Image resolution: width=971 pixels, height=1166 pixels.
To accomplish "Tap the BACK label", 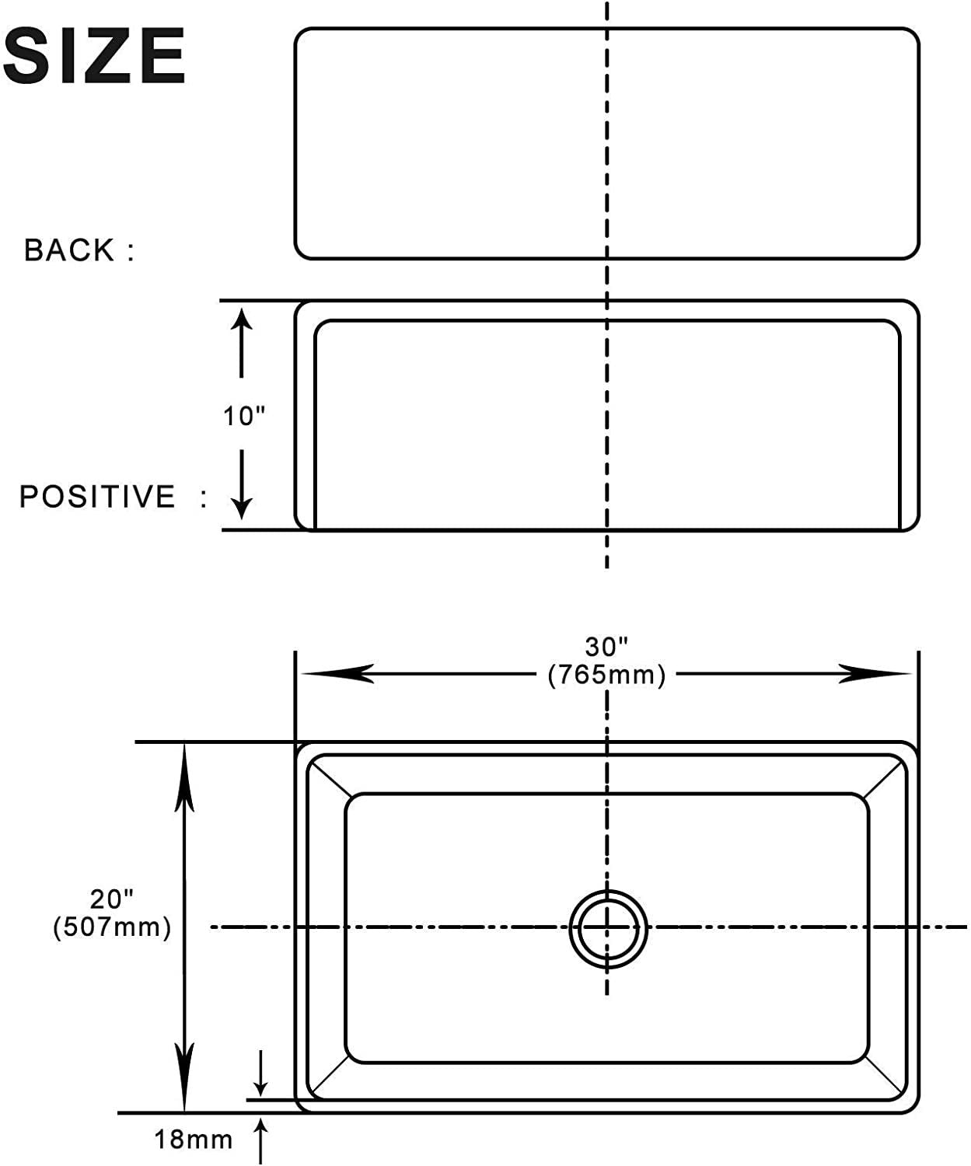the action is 68,250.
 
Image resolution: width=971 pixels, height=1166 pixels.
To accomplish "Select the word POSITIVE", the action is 98,497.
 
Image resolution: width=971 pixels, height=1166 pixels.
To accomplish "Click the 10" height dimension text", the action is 244,416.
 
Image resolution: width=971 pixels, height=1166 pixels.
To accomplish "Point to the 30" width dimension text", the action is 606,648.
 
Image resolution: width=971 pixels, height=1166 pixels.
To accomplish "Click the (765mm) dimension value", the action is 606,676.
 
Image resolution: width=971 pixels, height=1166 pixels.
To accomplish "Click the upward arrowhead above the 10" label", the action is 241,321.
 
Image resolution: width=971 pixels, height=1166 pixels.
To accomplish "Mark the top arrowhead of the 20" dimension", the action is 184,776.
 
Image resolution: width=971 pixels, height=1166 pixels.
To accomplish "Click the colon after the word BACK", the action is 131,251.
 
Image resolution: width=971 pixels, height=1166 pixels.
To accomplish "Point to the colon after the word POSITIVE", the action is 204,498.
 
